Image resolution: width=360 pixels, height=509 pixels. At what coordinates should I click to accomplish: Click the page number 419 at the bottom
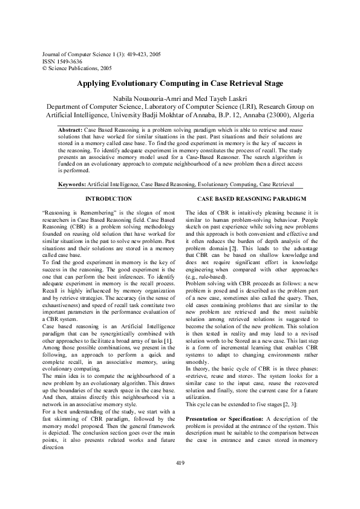(x=180, y=480)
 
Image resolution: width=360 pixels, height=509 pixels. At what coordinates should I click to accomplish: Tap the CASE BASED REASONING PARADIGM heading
(x=252, y=199)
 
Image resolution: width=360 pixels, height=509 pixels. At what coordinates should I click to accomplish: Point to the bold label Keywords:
(x=72, y=183)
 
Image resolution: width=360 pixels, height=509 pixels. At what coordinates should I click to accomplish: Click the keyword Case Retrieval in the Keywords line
(x=277, y=183)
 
